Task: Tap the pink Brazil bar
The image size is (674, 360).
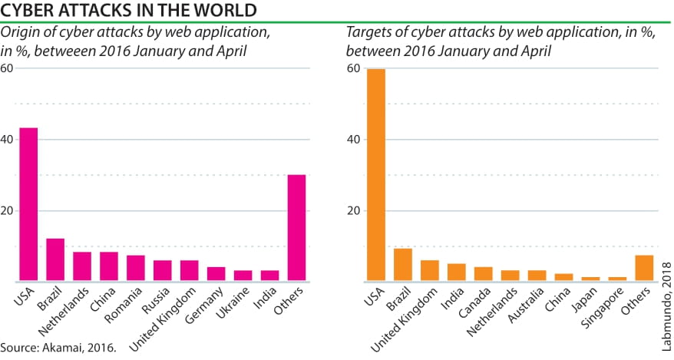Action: (x=55, y=259)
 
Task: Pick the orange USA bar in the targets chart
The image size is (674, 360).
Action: (x=376, y=175)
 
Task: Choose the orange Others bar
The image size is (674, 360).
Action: (x=645, y=268)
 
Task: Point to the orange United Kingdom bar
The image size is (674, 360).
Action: (x=430, y=270)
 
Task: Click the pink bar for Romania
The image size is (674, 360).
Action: (x=136, y=268)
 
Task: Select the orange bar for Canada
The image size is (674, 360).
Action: (x=484, y=273)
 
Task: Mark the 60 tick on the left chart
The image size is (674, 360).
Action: (x=7, y=68)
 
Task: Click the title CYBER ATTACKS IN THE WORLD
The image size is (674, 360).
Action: (x=128, y=10)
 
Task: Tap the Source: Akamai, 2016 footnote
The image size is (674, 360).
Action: (x=58, y=348)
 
